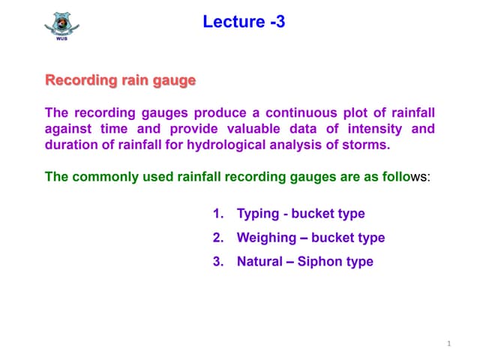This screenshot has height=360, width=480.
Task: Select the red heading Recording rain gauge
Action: coord(120,79)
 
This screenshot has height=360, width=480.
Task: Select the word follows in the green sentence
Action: coord(400,177)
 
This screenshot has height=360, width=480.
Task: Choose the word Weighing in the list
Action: coord(265,238)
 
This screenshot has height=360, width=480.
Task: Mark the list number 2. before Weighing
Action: coord(219,238)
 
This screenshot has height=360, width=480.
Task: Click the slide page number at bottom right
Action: coord(448,344)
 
